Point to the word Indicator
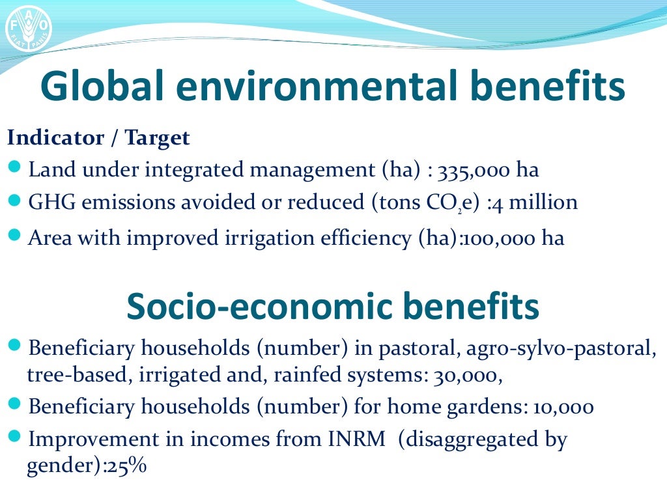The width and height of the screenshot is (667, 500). click(55, 138)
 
